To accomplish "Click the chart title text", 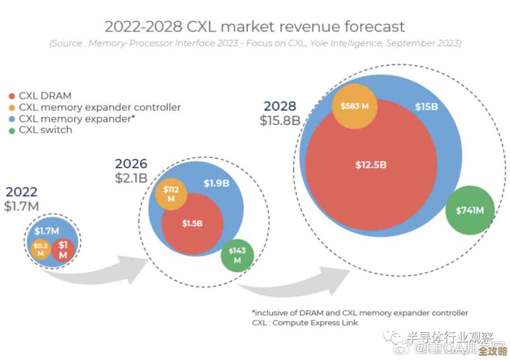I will (255, 26).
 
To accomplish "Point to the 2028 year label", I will (280, 106).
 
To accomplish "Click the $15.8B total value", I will (280, 120).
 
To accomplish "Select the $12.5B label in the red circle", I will (371, 165).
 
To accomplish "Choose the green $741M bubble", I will (470, 211).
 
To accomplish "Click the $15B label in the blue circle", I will (426, 107).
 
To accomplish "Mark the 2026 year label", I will (131, 164).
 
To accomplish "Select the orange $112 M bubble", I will (171, 194).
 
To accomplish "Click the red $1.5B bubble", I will (192, 224).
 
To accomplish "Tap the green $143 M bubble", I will (237, 256).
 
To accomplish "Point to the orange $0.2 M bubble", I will (41, 250).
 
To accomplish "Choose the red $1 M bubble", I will (63, 250).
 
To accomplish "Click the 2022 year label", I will (21, 192).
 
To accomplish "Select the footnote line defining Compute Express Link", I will (305, 323).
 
